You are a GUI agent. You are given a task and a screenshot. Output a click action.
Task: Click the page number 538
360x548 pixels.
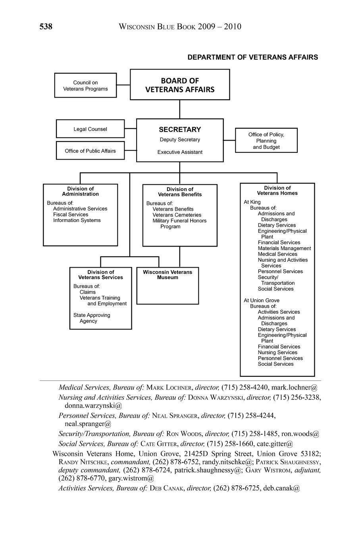pyautogui.click(x=46, y=27)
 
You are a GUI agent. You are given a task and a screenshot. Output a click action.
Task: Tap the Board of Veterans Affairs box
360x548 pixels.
pyautogui.click(x=180, y=85)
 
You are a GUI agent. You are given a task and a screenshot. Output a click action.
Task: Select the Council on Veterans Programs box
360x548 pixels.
pyautogui.click(x=85, y=85)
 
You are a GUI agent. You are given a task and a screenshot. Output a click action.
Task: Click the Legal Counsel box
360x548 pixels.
pyautogui.click(x=90, y=129)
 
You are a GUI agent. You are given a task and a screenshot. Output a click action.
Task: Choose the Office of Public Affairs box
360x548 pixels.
pyautogui.click(x=90, y=151)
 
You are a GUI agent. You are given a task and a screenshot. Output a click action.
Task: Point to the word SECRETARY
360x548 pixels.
pyautogui.click(x=180, y=129)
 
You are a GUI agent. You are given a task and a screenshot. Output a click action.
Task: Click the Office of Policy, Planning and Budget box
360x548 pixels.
pyautogui.click(x=266, y=141)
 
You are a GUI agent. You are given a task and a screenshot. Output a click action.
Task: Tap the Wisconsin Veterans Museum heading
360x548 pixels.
pyautogui.click(x=167, y=274)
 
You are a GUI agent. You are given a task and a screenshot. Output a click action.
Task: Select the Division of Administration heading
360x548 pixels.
pyautogui.click(x=80, y=191)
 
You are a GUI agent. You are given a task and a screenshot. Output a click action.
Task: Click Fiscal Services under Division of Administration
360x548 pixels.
pyautogui.click(x=71, y=214)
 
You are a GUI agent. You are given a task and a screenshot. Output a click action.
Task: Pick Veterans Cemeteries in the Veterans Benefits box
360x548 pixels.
pyautogui.click(x=177, y=215)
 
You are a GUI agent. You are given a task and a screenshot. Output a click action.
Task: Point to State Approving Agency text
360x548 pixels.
pyautogui.click(x=92, y=318)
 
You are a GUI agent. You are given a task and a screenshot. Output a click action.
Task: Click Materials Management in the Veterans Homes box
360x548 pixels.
pyautogui.click(x=284, y=248)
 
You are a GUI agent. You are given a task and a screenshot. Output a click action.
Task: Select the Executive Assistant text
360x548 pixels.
pyautogui.click(x=180, y=152)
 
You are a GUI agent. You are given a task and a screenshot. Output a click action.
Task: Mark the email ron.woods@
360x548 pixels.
pyautogui.click(x=300, y=434)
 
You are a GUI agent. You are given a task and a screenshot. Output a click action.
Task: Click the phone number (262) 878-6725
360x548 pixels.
pyautogui.click(x=237, y=488)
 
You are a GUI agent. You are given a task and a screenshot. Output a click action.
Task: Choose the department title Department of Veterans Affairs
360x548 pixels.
pyautogui.click(x=252, y=57)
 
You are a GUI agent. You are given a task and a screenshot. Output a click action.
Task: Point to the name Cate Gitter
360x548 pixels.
pyautogui.click(x=159, y=444)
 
